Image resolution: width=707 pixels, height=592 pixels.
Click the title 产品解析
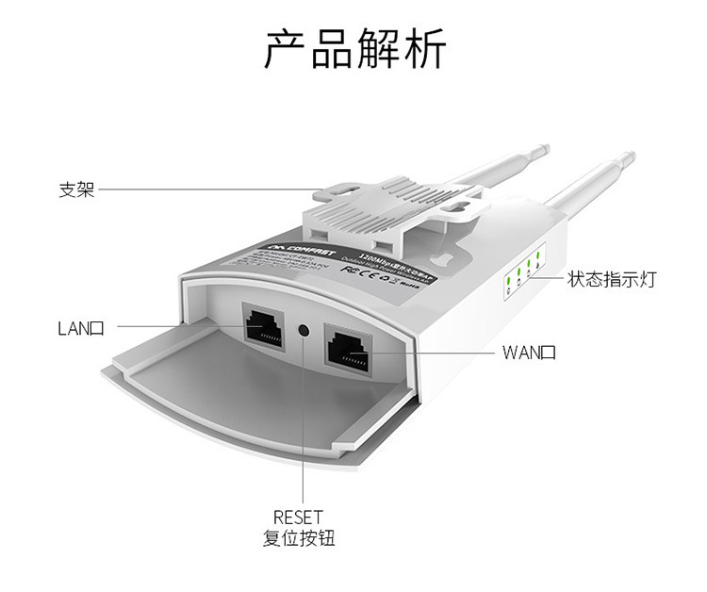pos(353,50)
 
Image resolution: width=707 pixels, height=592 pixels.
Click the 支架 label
pos(75,189)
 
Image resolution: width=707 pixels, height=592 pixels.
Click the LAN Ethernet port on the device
pos(265,326)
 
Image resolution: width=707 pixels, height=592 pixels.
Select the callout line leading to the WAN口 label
pos(444,354)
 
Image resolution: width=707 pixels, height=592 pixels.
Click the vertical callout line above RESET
pos(303,424)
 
